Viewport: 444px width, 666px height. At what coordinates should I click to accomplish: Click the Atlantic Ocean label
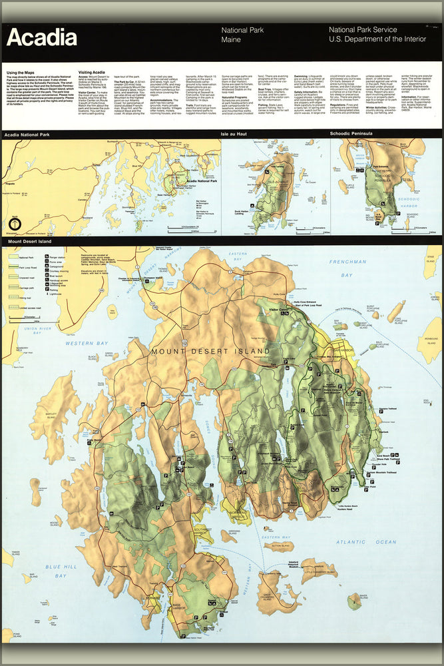tap(365, 542)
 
